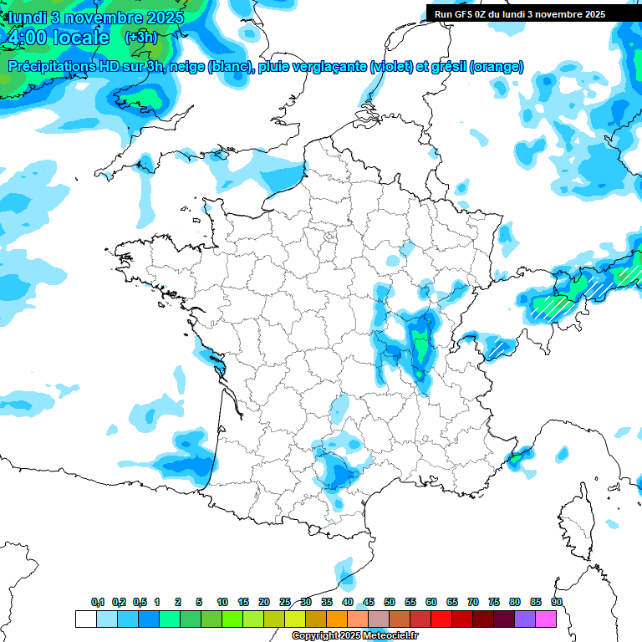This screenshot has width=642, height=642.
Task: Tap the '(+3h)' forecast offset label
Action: coord(140,37)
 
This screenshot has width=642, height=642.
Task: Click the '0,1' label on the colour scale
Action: coord(98,602)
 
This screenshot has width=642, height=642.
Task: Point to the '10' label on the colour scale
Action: coord(222,602)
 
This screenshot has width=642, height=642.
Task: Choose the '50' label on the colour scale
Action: coord(390,602)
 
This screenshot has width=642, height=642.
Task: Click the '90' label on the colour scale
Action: coord(557,602)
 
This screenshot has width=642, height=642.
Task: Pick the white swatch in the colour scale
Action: coord(85,619)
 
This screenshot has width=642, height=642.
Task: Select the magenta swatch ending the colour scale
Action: coord(546,619)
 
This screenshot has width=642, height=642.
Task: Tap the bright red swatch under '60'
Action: coord(441,619)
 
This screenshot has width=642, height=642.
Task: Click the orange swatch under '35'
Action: coord(337,619)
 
